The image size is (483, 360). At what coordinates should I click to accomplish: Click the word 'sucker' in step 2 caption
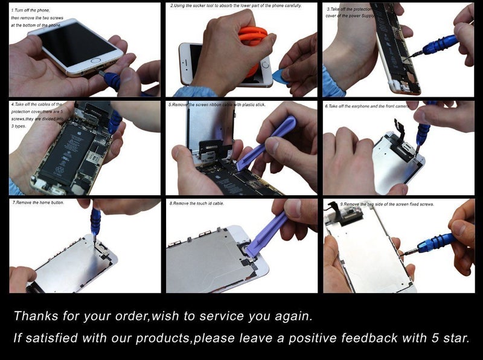(x=206, y=5)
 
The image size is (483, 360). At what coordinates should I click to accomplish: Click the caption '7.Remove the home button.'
(x=39, y=202)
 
